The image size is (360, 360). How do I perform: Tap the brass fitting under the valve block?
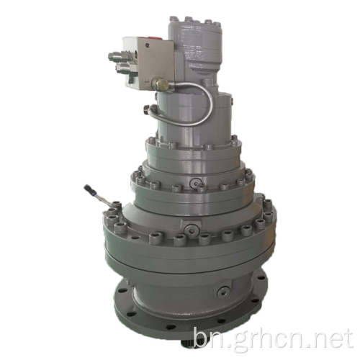162,84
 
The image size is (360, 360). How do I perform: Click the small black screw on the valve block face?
147,45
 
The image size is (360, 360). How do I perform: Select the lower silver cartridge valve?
123,67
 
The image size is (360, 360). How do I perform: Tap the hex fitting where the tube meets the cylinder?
146,109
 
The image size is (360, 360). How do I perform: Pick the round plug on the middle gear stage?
195,184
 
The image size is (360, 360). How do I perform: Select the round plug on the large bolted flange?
192,230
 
